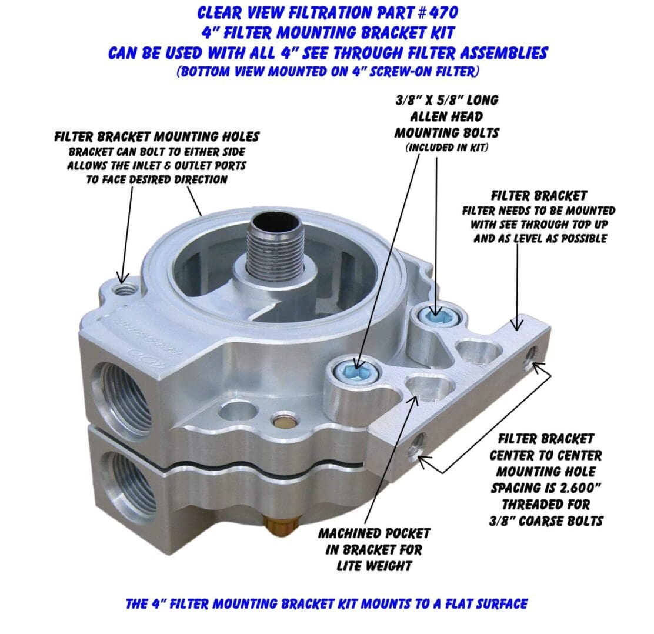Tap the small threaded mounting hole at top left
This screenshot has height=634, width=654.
click(125, 289)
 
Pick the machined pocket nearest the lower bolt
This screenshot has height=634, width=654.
click(429, 387)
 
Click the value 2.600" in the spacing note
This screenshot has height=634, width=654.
click(579, 488)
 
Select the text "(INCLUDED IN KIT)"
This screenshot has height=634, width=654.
click(447, 148)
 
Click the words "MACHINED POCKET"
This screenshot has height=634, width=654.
click(374, 533)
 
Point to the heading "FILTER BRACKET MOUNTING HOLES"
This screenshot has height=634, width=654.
click(157, 137)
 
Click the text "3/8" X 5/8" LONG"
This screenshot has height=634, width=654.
click(447, 100)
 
